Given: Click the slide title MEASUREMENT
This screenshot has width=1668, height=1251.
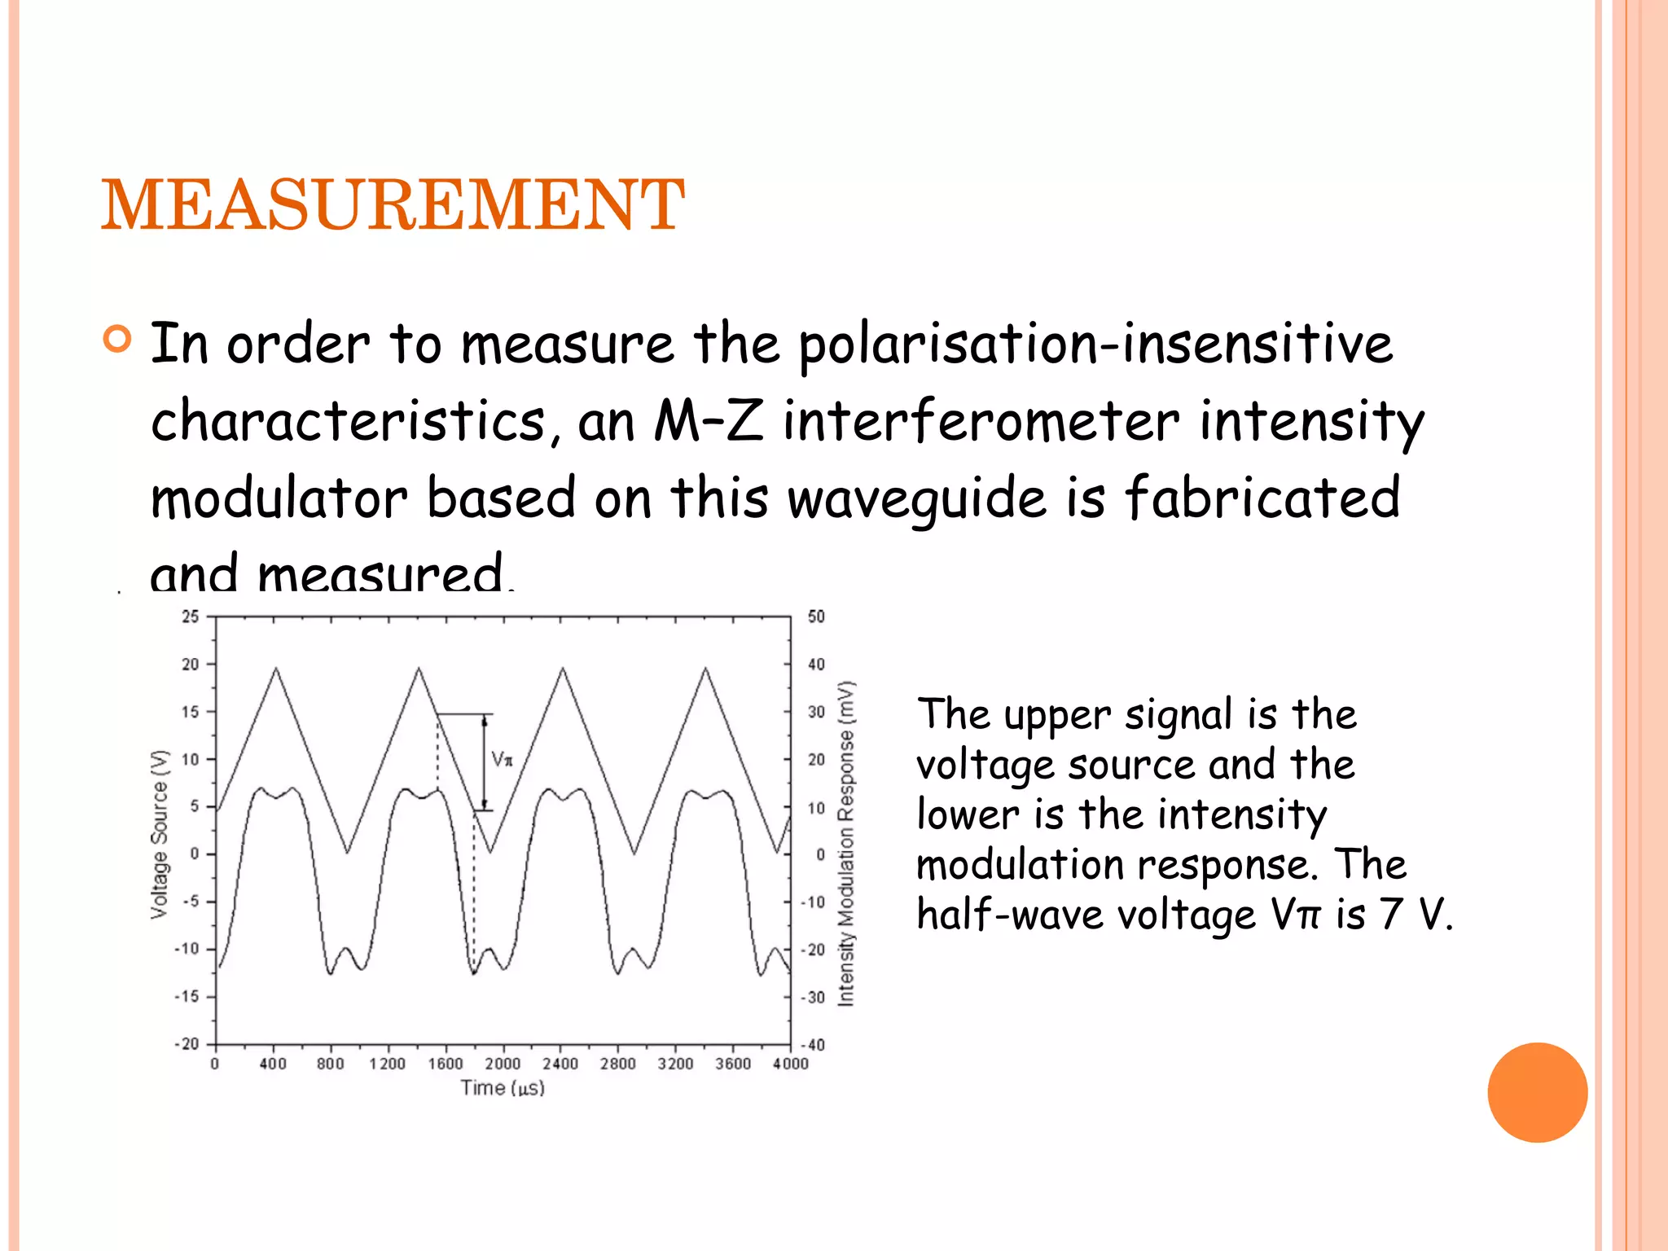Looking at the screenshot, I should coord(393,204).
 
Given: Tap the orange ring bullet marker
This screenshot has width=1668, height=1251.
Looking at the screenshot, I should coord(117,339).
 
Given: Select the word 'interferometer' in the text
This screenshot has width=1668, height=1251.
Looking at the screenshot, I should coord(981,422).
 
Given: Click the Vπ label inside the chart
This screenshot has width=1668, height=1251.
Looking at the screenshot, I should coord(503,760).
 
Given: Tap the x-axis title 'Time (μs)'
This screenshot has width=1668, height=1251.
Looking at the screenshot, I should coord(502,1087).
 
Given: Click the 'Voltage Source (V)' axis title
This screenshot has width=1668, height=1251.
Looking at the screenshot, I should coord(160,834).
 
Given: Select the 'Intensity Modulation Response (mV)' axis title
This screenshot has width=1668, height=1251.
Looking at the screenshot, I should coord(847,843).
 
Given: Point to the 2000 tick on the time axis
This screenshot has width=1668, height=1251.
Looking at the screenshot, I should coord(503,1064).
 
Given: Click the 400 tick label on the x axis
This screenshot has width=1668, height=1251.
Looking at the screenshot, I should coord(273,1064).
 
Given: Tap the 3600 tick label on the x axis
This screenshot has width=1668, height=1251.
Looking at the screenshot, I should coord(732,1064).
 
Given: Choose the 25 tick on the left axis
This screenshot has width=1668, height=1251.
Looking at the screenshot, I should coord(190,617).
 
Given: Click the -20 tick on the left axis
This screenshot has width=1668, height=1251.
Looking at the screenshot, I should coord(187,1043).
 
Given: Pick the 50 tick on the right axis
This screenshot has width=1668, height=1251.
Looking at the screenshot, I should coord(816,617).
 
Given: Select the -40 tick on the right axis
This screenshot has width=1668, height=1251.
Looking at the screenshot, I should coord(814,1045).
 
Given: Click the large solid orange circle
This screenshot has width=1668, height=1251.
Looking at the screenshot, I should coord(1537,1092).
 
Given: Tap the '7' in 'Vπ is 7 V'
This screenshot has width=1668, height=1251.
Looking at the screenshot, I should coord(1390,914).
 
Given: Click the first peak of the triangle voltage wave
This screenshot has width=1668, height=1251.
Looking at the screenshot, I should coord(276,669).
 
